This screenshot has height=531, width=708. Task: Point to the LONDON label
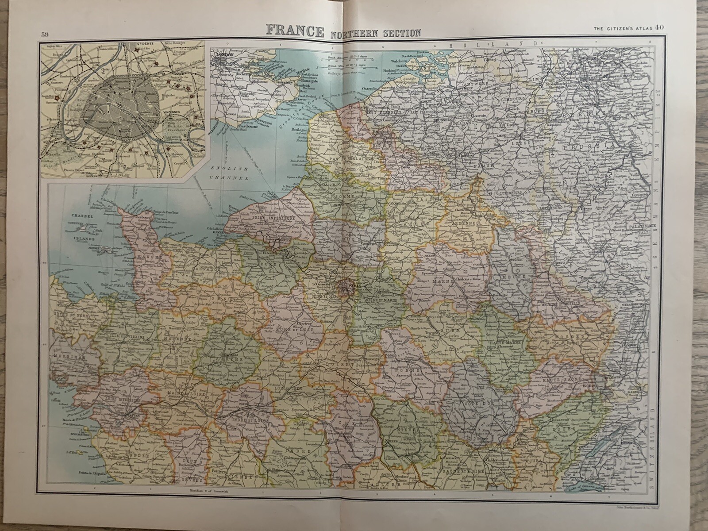tap(223, 56)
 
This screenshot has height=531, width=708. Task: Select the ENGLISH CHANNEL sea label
tap(230, 173)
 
